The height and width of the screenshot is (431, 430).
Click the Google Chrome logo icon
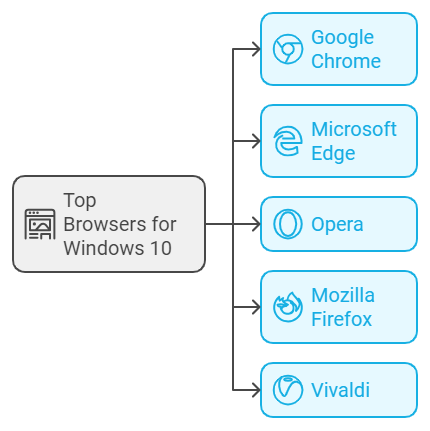[x=288, y=49]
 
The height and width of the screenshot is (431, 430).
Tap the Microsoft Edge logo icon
[x=288, y=141]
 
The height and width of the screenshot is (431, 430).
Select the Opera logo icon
[x=288, y=224]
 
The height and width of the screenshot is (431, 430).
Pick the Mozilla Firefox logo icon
[x=288, y=307]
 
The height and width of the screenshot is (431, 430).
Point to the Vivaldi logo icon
[x=288, y=390]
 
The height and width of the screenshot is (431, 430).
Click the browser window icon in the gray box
[x=40, y=224]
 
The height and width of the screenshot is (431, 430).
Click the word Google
[x=342, y=38]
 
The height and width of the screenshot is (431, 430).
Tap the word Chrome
[x=346, y=61]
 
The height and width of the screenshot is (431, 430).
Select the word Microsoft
[x=354, y=129]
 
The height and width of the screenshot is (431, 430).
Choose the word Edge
[x=333, y=154]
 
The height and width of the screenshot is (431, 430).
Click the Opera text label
[x=337, y=225]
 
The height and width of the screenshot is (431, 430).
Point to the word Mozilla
[x=343, y=295]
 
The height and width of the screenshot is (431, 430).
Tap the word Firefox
[x=341, y=319]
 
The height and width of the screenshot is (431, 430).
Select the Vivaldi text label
[x=340, y=390]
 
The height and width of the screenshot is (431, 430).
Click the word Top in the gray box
[x=80, y=201]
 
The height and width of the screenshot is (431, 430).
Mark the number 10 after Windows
[x=161, y=248]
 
